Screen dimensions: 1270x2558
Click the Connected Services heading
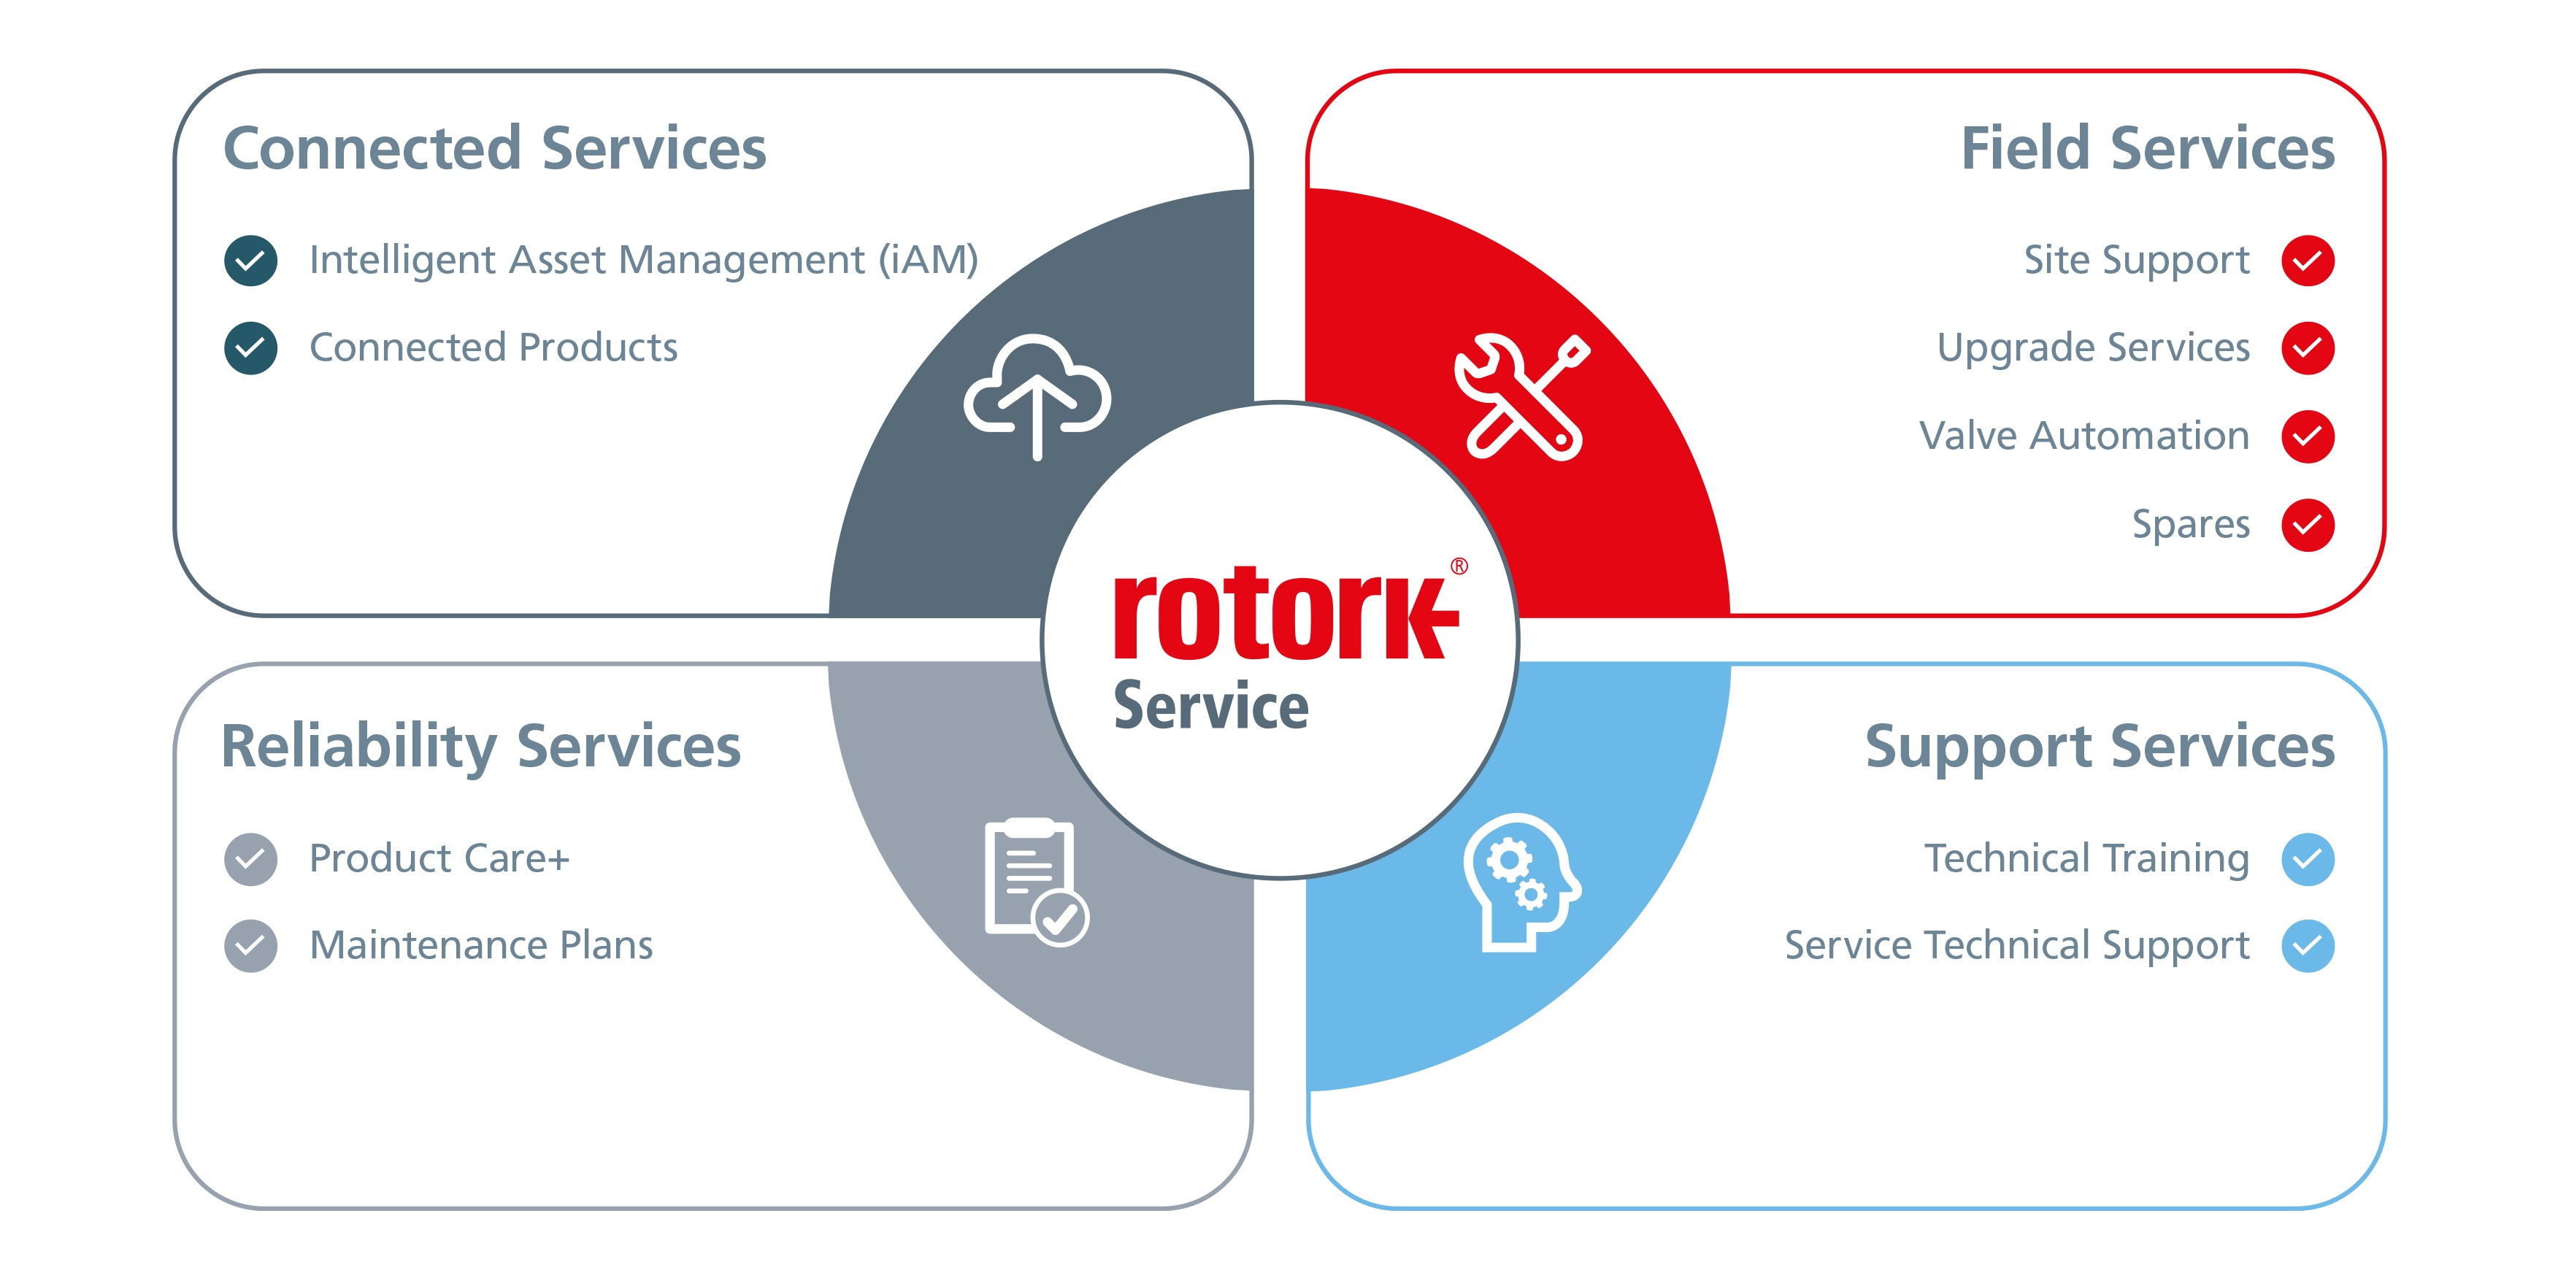pos(494,149)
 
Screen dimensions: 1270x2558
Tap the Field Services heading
pos(2147,149)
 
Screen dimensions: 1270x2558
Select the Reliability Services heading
pos(480,747)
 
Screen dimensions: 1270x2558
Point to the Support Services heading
pos(2100,747)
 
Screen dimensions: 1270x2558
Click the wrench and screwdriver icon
pos(1521,396)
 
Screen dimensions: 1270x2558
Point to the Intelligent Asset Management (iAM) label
pos(643,260)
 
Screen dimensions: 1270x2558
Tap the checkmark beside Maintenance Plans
pos(250,945)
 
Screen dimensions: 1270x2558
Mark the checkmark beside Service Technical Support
pos(2307,945)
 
